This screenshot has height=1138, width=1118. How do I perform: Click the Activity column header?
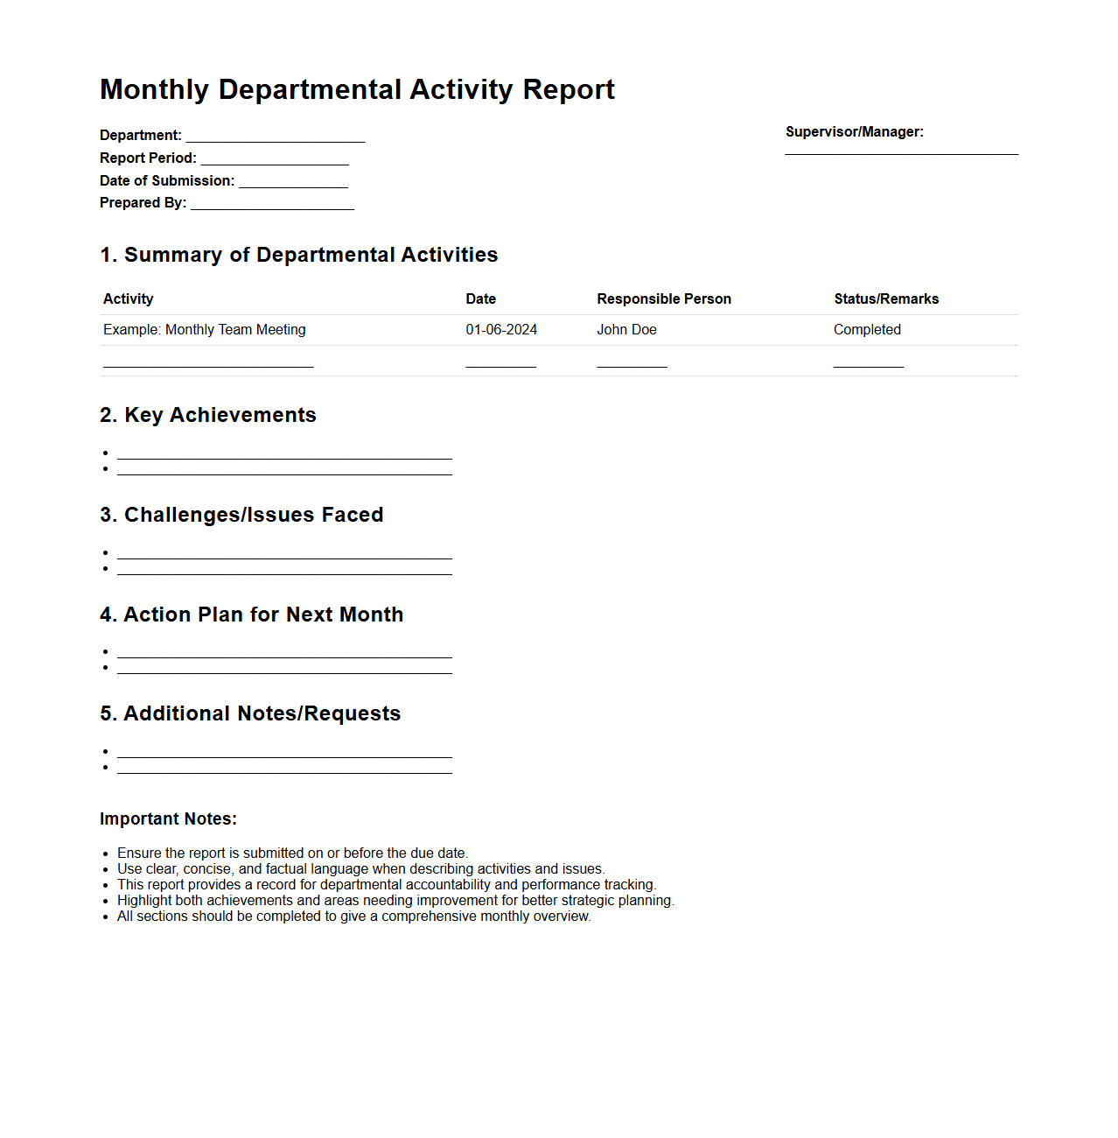[x=129, y=299]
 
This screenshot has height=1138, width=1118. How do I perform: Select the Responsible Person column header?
[x=664, y=299]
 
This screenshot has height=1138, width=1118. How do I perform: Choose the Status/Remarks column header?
[x=886, y=299]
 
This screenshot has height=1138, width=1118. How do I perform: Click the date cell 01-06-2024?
[x=501, y=330]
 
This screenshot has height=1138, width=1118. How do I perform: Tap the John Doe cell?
[x=626, y=330]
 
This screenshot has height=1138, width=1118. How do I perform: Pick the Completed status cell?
[x=867, y=330]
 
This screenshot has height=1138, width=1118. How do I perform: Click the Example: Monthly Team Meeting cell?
[x=205, y=330]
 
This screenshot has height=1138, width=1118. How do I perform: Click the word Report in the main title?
[x=569, y=89]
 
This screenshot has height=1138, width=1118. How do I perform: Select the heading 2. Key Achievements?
[x=208, y=415]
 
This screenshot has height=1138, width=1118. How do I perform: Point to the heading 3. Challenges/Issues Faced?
[x=241, y=515]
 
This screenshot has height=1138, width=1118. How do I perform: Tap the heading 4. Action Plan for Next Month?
[x=251, y=615]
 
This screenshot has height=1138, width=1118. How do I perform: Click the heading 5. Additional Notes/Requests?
[x=250, y=713]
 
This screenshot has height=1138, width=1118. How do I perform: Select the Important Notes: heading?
[x=168, y=819]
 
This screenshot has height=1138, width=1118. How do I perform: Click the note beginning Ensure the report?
[x=292, y=853]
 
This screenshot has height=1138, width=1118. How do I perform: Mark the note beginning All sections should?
[x=353, y=917]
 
